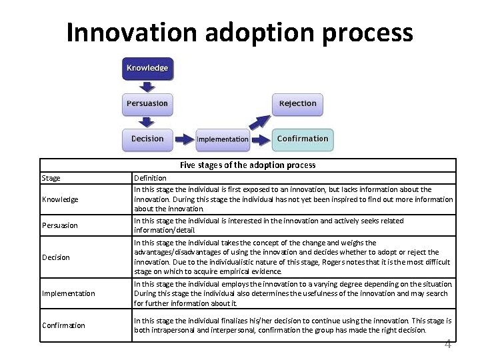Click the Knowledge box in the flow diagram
pos(147,68)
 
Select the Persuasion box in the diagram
pos(147,103)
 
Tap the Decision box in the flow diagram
pos(147,139)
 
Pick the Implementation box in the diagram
pos(223,139)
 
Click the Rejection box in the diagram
pos(297,103)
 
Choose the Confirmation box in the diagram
pos(303,139)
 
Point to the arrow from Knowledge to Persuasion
pos(147,86)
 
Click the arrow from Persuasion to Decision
pos(147,121)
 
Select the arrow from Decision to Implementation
pos(183,139)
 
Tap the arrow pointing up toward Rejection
pos(259,122)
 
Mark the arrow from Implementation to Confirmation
pos(261,139)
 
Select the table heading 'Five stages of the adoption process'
pos(247,165)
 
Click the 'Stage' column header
pos(51,178)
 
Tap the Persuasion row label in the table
pos(60,225)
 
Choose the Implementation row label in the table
pos(68,293)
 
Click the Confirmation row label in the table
pos(63,325)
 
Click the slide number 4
pos(448,344)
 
